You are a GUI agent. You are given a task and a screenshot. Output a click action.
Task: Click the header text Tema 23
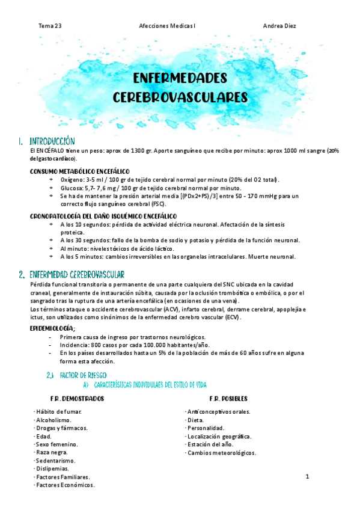pyautogui.click(x=50, y=26)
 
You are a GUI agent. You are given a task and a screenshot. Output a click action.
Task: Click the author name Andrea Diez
pyautogui.click(x=279, y=26)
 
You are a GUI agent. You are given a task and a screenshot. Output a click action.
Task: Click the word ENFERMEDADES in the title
pyautogui.click(x=180, y=79)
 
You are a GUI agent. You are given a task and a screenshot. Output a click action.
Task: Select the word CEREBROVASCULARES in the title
pyautogui.click(x=180, y=97)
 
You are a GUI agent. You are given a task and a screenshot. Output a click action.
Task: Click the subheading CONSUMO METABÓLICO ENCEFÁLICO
pyautogui.click(x=79, y=171)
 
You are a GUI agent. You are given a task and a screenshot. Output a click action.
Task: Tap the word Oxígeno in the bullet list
pyautogui.click(x=72, y=180)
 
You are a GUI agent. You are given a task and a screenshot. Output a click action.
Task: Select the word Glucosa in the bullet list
pyautogui.click(x=72, y=188)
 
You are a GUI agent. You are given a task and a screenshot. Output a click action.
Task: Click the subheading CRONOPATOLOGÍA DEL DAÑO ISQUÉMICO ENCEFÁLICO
pyautogui.click(x=103, y=215)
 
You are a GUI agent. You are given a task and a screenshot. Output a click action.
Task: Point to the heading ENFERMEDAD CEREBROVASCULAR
pyautogui.click(x=76, y=274)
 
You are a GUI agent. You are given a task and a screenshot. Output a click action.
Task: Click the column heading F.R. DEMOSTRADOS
pyautogui.click(x=77, y=399)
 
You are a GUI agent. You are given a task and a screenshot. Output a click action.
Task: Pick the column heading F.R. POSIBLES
pyautogui.click(x=228, y=399)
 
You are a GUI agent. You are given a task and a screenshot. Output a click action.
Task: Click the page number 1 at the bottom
pyautogui.click(x=307, y=478)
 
